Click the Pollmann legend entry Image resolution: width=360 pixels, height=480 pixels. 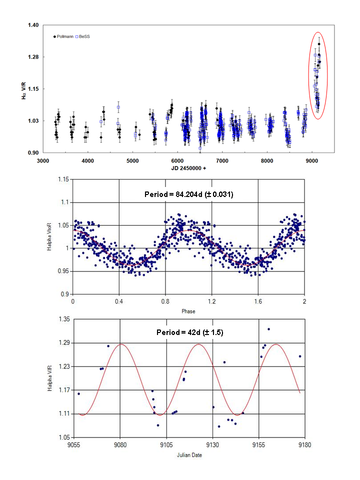pos(64,36)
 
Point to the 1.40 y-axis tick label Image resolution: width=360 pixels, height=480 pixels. pos(32,25)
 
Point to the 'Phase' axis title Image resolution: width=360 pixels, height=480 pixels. pos(188,311)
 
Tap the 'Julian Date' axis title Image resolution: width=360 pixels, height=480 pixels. pos(188,454)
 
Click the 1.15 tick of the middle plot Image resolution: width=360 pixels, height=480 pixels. pos(63,179)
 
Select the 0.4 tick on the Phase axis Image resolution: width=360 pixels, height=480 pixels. pos(119,302)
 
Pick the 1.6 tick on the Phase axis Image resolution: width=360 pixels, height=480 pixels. pos(258,302)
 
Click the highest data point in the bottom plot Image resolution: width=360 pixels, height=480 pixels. pos(268,329)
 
